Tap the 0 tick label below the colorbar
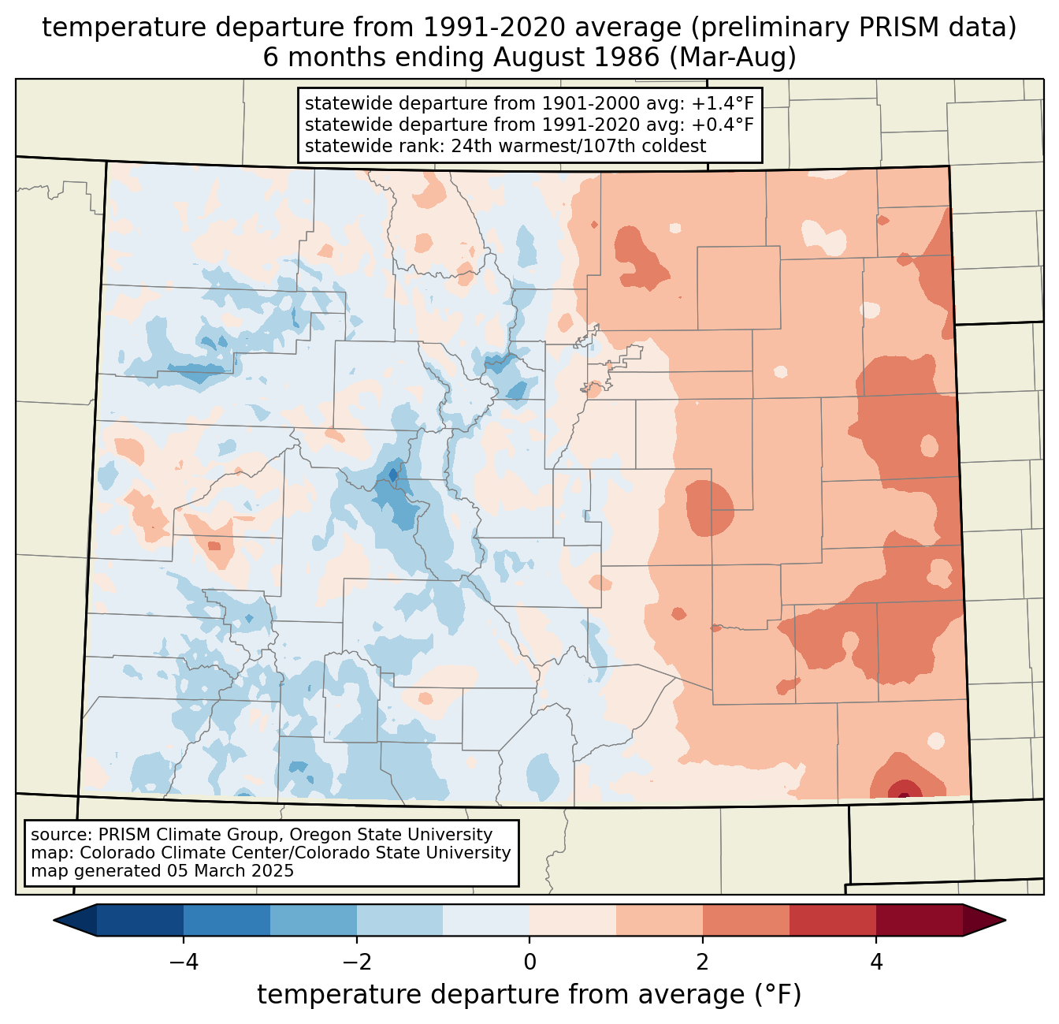click(x=529, y=962)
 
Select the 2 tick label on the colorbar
click(x=702, y=962)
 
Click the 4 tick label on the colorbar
click(x=875, y=962)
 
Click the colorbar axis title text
click(x=529, y=995)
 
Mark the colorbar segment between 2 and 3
click(x=745, y=920)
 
